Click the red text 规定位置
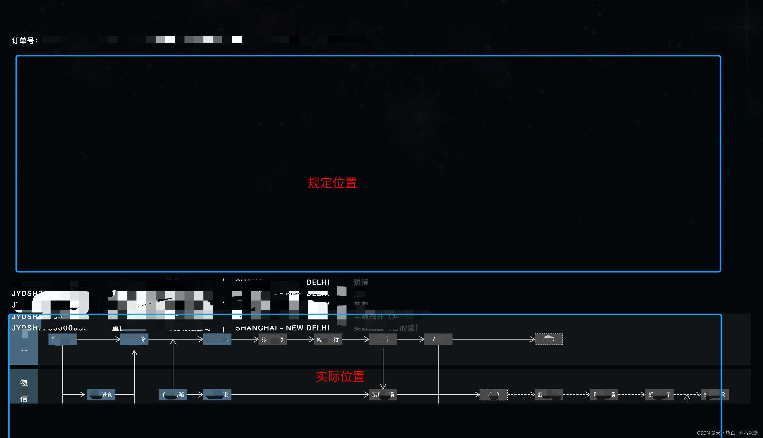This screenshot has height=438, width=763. tap(332, 183)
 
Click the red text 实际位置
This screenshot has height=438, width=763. tap(340, 376)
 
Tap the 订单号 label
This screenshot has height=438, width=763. tap(25, 40)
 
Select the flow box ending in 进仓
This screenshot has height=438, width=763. tap(101, 394)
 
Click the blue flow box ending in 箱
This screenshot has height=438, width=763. tap(173, 394)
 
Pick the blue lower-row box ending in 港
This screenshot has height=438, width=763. tap(217, 394)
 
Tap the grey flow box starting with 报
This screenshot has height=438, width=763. tap(272, 339)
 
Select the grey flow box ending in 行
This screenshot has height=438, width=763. tap(328, 339)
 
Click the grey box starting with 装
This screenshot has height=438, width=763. tap(383, 394)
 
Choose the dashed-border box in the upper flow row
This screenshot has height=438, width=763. tap(549, 339)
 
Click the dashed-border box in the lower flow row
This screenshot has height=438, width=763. tap(493, 394)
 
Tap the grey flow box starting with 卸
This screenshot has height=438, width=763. tap(549, 394)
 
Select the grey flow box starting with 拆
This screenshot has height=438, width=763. tap(659, 394)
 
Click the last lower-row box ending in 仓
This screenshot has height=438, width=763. tap(715, 394)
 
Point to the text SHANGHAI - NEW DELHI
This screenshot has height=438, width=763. tap(282, 328)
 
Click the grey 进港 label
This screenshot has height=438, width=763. tap(361, 282)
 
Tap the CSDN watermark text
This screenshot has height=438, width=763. tap(727, 433)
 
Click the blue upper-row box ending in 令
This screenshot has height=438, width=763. tap(134, 339)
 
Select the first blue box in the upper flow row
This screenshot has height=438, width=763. tap(62, 339)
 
